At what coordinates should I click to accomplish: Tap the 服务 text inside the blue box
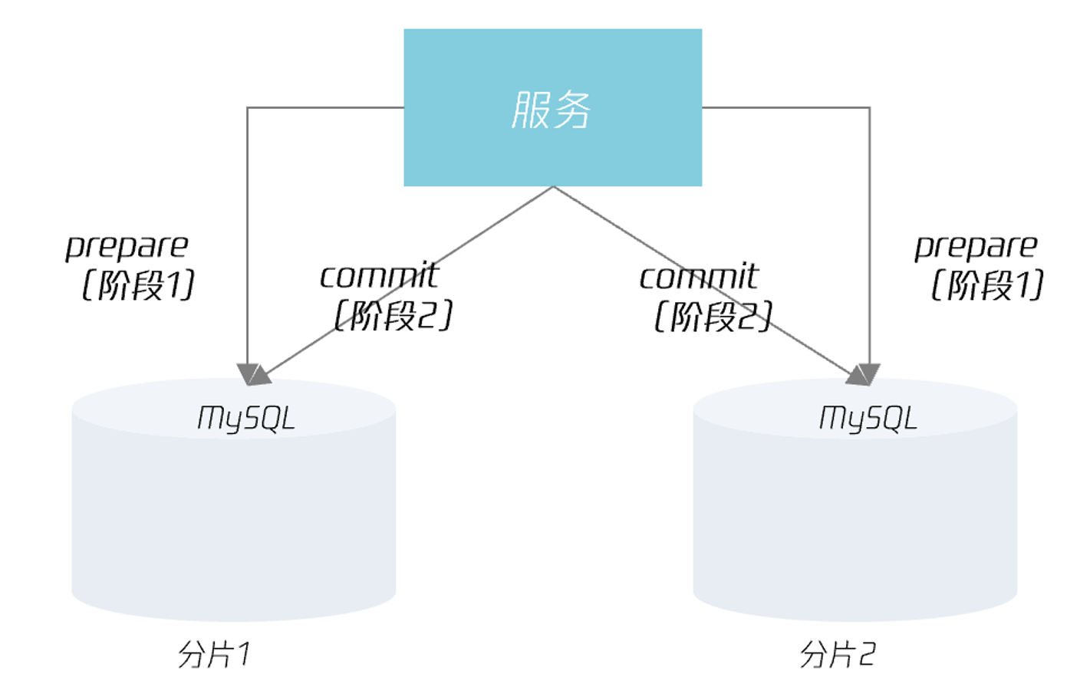pos(552,110)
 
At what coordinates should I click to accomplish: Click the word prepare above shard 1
pos(127,246)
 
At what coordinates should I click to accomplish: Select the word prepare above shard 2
pos(976,246)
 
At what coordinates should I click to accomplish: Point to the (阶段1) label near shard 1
pos(138,285)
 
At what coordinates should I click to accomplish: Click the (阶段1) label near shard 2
pos(987,285)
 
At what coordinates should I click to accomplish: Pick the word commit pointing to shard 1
pos(379,276)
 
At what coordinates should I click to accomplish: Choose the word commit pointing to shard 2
pos(699,276)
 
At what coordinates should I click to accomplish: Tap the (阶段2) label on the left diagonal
pos(393,315)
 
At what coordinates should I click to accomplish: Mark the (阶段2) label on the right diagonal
pos(713,315)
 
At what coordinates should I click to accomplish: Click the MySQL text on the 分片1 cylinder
pos(246,419)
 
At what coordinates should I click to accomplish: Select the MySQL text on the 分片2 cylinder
pos(868,419)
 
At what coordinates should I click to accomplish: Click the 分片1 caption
pos(214,654)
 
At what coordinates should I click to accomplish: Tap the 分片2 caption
pos(837,654)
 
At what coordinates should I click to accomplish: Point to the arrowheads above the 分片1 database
pos(253,374)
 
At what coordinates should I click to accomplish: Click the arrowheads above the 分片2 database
pos(864,374)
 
